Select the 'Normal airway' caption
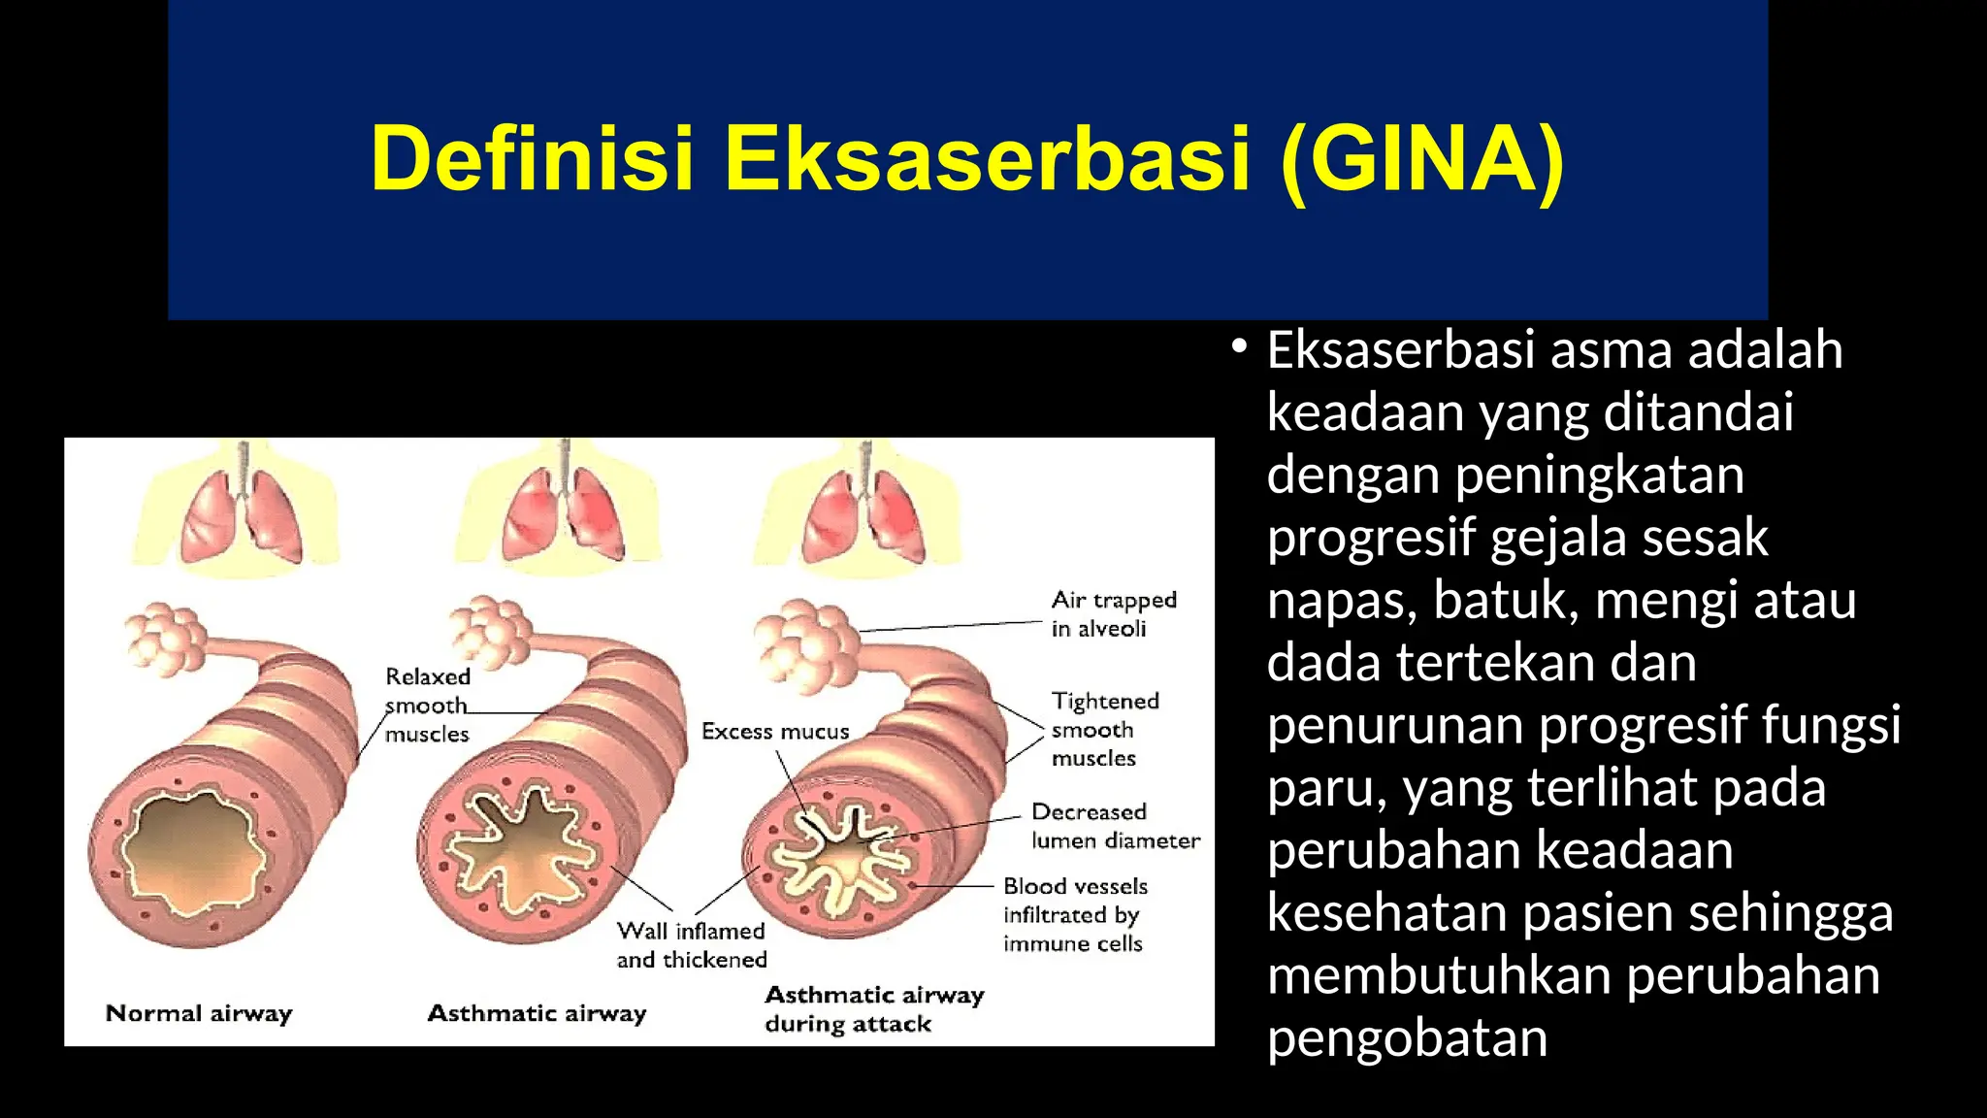(199, 1013)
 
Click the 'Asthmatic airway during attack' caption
(873, 1008)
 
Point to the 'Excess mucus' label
(775, 732)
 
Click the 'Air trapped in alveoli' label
(1113, 614)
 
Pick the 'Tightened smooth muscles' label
(1104, 729)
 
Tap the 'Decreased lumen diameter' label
(1115, 826)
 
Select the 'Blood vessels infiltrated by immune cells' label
(1074, 914)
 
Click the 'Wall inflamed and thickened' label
(691, 945)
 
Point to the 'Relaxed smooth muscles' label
(427, 705)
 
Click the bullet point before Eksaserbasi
(1238, 346)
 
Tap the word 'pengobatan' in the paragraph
(1407, 1038)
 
